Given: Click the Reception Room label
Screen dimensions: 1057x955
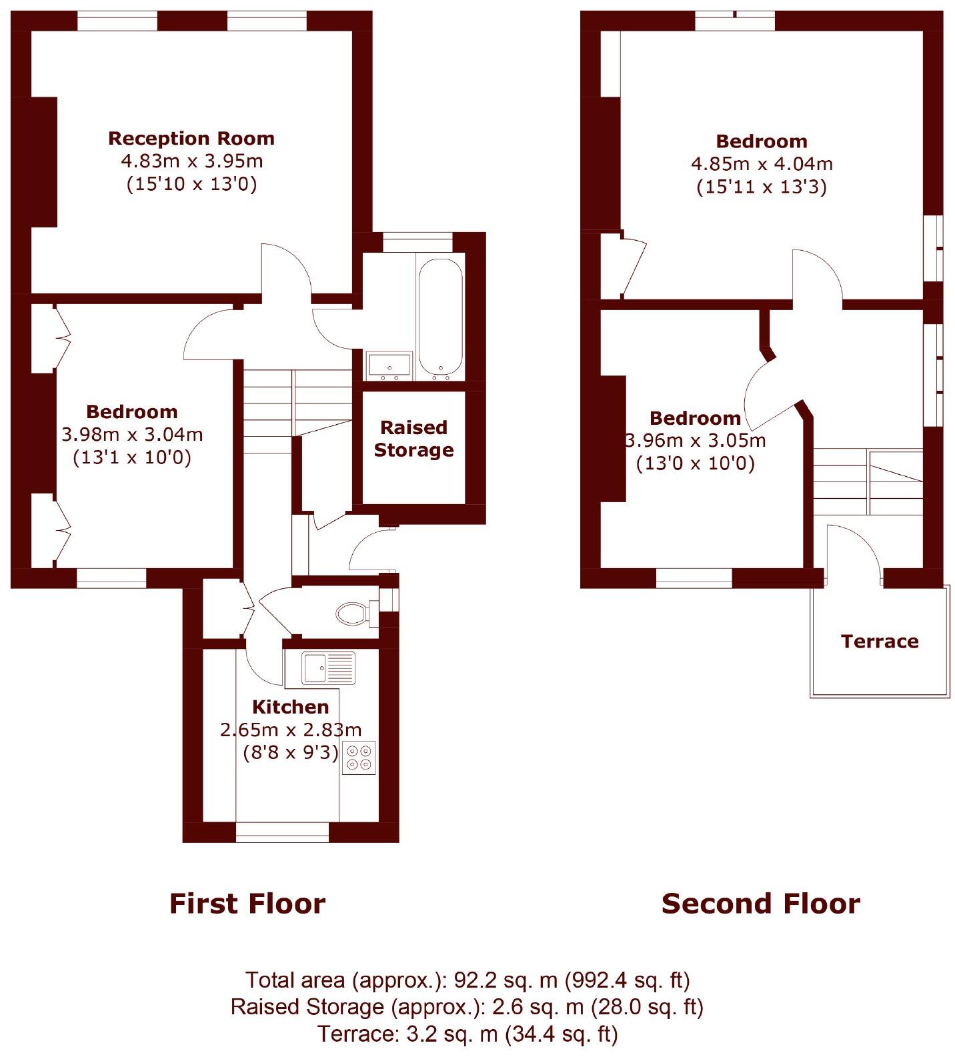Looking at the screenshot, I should pyautogui.click(x=191, y=139).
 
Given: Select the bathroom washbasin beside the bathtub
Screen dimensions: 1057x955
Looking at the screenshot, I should pyautogui.click(x=389, y=365).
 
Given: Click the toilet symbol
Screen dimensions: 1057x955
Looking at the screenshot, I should pyautogui.click(x=354, y=614).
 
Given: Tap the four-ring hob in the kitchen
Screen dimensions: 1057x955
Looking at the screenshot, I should pyautogui.click(x=359, y=758).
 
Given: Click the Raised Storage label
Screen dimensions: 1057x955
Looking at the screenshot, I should pyautogui.click(x=413, y=438).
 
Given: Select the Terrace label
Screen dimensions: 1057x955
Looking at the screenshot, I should pyautogui.click(x=880, y=642).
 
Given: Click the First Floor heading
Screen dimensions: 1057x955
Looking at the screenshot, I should pyautogui.click(x=247, y=904).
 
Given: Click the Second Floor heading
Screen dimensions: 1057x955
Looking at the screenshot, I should pyautogui.click(x=760, y=904).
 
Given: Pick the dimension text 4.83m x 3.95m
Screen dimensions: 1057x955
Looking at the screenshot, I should pyautogui.click(x=191, y=161).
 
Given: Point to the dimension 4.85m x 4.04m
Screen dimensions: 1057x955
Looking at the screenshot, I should pyautogui.click(x=762, y=164).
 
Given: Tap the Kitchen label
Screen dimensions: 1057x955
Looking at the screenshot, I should pyautogui.click(x=290, y=707).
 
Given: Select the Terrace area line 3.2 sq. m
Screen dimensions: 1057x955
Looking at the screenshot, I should pyautogui.click(x=467, y=1034).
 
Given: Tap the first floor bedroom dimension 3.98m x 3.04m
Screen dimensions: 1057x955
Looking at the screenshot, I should pyautogui.click(x=132, y=435).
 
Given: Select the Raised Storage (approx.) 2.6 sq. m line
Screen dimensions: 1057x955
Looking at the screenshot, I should pyautogui.click(x=467, y=1007).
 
